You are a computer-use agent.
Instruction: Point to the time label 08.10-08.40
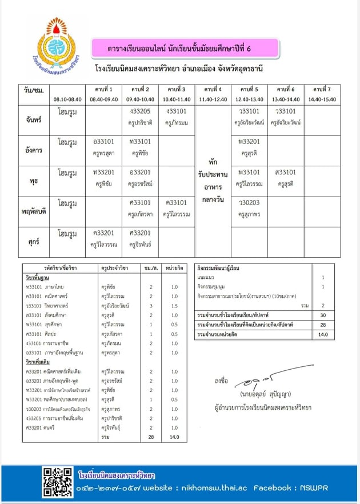coord(67,99)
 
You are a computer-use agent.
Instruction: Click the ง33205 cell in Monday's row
coord(140,111)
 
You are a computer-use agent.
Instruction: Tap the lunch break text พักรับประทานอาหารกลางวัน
coord(213,181)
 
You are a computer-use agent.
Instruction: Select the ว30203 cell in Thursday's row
coord(249,203)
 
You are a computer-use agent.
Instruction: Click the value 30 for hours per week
coord(323,315)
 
